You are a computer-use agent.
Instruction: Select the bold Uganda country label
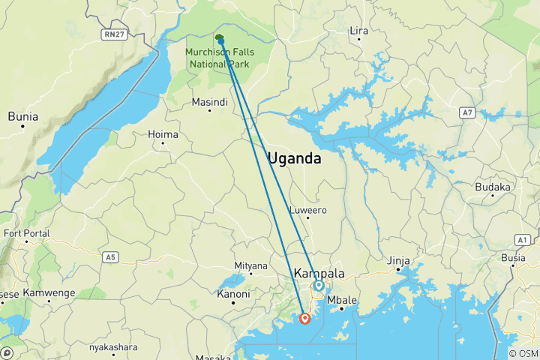(295, 159)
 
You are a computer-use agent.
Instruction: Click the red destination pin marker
(305, 318)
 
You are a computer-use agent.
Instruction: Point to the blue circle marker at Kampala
(319, 286)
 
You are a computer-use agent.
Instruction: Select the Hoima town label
(164, 135)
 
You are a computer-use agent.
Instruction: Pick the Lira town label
(360, 30)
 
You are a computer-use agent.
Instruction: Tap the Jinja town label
(398, 260)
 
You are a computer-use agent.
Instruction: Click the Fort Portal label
(27, 233)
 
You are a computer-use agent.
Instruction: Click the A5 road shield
(111, 257)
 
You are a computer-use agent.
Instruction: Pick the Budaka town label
(493, 187)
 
